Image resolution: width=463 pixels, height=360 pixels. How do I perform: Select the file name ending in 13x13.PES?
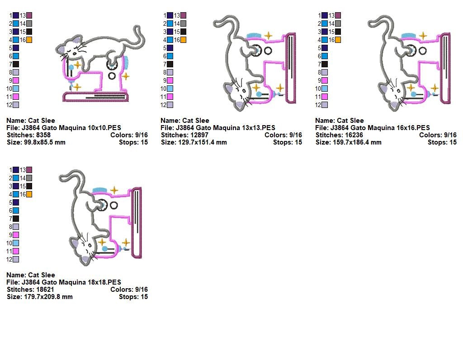click(x=225, y=128)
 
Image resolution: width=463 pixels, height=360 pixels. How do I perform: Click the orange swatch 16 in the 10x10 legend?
click(x=29, y=40)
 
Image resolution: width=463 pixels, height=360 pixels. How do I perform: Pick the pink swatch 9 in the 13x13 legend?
click(x=170, y=80)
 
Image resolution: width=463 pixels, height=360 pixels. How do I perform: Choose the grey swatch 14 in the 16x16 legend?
click(x=338, y=23)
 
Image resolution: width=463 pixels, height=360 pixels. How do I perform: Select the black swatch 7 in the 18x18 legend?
click(x=16, y=219)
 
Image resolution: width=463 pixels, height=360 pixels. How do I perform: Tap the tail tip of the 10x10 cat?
click(x=137, y=28)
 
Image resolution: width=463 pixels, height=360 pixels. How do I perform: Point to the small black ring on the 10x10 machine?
click(x=112, y=76)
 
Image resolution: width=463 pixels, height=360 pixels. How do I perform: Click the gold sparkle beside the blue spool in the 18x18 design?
click(x=114, y=190)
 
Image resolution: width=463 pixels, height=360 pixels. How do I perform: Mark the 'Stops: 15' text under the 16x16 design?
click(x=442, y=143)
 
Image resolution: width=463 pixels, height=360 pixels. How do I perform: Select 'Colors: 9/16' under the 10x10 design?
click(x=129, y=135)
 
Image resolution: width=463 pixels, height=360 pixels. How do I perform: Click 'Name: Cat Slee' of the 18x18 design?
click(x=31, y=275)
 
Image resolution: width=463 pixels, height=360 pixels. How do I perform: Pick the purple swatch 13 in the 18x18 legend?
click(x=29, y=170)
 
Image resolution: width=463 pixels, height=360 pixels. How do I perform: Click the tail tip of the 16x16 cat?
click(x=370, y=23)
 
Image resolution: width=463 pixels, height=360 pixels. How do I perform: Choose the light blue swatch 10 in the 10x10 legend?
click(x=16, y=89)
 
